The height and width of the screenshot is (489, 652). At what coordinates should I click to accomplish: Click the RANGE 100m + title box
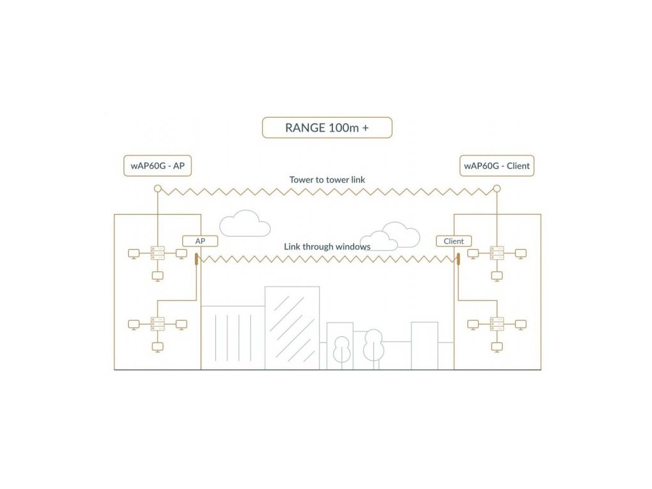[327, 127]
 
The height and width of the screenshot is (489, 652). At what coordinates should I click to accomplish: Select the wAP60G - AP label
[157, 166]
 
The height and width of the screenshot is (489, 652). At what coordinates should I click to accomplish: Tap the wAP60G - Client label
[497, 166]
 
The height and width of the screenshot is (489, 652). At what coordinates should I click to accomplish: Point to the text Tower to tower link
[327, 180]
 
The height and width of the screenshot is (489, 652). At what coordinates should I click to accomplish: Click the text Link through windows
[327, 246]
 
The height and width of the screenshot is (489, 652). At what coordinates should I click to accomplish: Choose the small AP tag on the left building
[200, 241]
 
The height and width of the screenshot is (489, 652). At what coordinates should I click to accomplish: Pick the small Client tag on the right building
[453, 241]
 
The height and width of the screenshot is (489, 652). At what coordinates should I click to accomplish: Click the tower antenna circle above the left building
[157, 188]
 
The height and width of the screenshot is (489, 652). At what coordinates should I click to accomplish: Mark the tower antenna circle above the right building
[497, 188]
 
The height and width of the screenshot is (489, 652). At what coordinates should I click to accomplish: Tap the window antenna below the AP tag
[196, 258]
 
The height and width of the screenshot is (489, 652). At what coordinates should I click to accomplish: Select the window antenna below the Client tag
[458, 258]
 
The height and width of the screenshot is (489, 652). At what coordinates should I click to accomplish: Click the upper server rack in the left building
[157, 253]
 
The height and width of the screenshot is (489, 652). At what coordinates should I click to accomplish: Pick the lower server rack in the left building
[157, 323]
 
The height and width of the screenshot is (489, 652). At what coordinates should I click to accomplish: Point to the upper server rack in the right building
[497, 253]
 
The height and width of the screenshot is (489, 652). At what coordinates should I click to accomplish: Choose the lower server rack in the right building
[497, 323]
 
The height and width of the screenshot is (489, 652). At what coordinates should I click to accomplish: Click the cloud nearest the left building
[244, 223]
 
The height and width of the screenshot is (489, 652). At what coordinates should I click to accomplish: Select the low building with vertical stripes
[232, 337]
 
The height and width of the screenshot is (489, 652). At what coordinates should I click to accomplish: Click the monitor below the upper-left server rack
[157, 276]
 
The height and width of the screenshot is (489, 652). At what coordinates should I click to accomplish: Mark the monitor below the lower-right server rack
[497, 346]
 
